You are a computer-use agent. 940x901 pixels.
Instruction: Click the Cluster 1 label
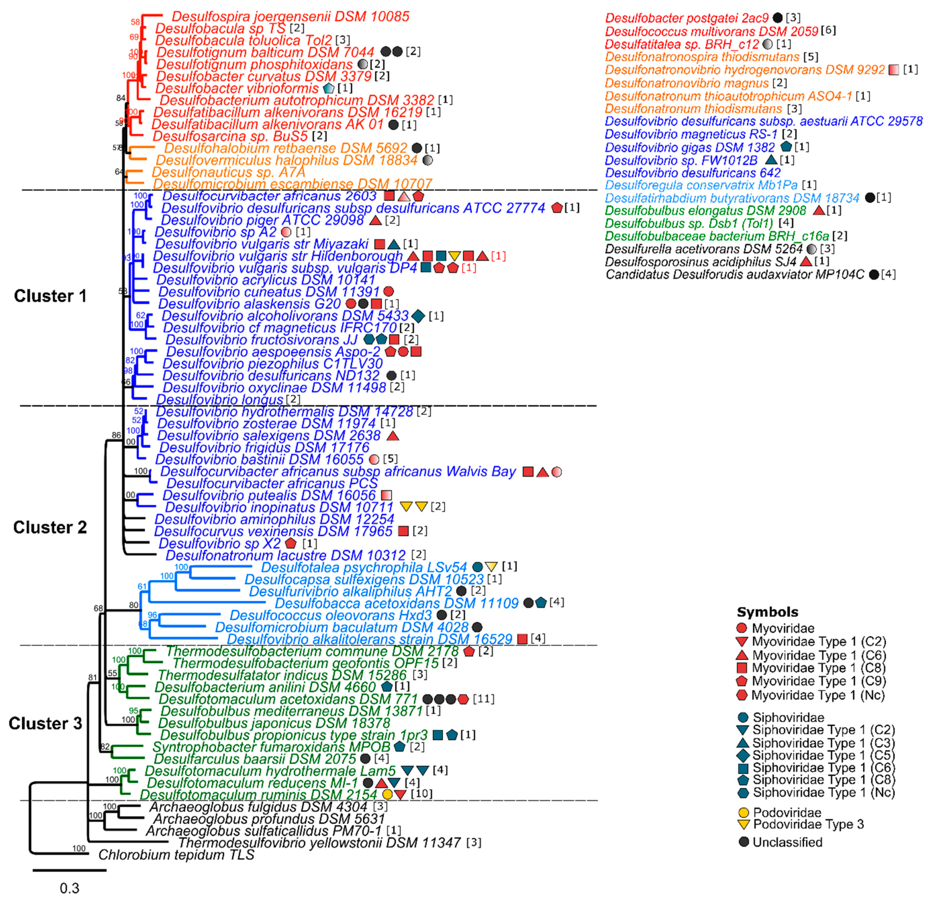(x=50, y=296)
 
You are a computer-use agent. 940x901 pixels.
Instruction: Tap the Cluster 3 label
(x=46, y=723)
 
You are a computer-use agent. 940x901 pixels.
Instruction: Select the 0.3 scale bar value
(x=70, y=888)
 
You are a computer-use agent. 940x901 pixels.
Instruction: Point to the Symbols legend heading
(x=767, y=612)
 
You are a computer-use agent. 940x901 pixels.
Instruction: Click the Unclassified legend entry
(x=787, y=842)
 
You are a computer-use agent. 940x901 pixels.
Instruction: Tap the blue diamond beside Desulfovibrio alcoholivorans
(x=418, y=316)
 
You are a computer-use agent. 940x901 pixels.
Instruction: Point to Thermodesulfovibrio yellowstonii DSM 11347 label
(x=319, y=843)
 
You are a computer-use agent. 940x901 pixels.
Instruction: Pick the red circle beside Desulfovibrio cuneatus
(x=389, y=292)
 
